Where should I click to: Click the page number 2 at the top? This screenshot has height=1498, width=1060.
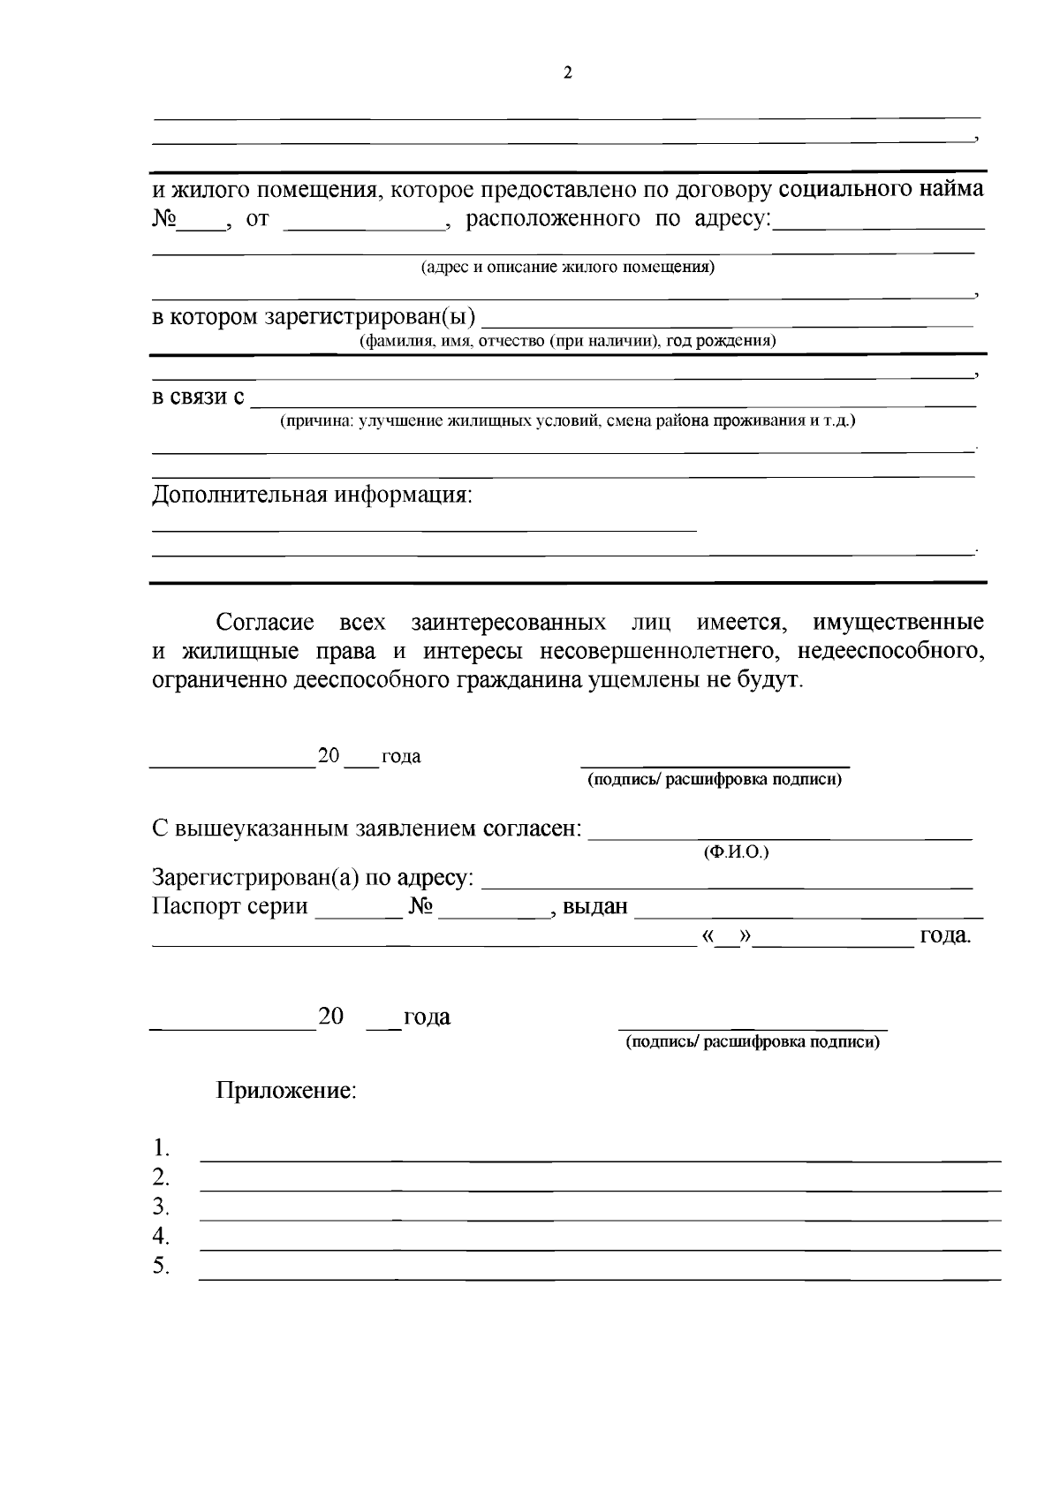click(x=567, y=74)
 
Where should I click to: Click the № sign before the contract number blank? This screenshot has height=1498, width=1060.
click(x=164, y=219)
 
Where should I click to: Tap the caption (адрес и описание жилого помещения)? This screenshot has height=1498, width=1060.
click(x=567, y=267)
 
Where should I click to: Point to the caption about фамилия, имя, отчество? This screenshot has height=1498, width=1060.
click(x=567, y=341)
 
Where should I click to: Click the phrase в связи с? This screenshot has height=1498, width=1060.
click(x=199, y=397)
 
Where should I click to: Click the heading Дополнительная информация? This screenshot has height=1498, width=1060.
click(x=313, y=494)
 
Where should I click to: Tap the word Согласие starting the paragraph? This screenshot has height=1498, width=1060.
click(x=265, y=623)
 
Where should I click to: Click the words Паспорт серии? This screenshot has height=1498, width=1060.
click(x=230, y=906)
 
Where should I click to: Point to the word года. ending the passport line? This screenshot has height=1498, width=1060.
click(x=945, y=935)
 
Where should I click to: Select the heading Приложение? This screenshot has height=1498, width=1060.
click(x=286, y=1091)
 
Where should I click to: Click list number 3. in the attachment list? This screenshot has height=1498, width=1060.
click(x=161, y=1207)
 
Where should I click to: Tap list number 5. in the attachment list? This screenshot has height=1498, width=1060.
click(x=161, y=1266)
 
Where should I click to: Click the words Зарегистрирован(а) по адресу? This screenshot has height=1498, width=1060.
click(x=313, y=878)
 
